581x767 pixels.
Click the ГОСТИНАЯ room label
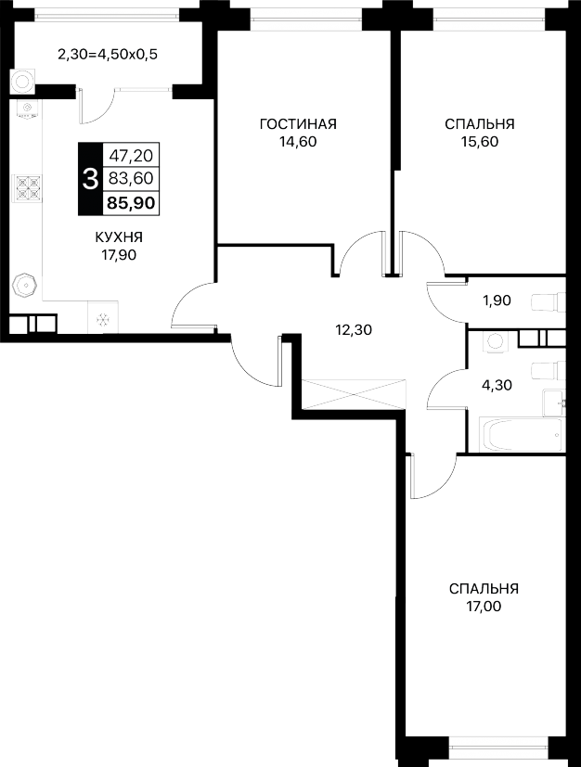pos(298,124)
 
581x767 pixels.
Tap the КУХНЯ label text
pos(119,237)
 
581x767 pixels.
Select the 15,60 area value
pos(479,142)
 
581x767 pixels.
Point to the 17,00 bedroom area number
pos(484,607)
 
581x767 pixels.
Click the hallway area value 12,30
pos(354,330)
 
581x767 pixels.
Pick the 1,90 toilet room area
pos(497,300)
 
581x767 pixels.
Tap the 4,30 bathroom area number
pos(497,386)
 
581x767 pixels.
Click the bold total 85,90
pos(131,202)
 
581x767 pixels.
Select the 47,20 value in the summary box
pos(131,156)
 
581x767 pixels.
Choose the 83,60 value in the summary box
pos(131,179)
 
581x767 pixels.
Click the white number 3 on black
pos(91,179)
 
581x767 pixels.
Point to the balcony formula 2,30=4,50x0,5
pos(108,55)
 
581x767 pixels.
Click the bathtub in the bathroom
pos(521,435)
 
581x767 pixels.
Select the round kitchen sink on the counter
pos(25,285)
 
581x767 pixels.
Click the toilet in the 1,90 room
pos(549,301)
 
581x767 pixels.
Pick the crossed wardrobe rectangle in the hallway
pos(355,394)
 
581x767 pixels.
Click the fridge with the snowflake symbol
pos(103,317)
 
